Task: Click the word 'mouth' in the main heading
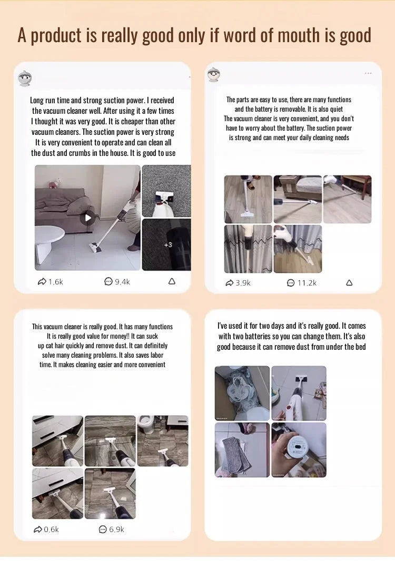coord(299,35)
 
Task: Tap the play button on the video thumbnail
coord(87,218)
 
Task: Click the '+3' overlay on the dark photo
coord(168,245)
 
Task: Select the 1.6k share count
coord(51,282)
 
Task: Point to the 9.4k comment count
coord(117,282)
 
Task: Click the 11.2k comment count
coord(302,283)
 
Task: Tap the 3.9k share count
coord(238,283)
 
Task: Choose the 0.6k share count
coord(46,529)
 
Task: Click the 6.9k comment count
coord(111,529)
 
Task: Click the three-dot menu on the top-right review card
coord(368,73)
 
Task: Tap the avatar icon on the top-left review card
coord(25,78)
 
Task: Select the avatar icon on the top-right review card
coord(214,74)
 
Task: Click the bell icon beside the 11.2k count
coord(349,283)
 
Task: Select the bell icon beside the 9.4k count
coord(172,281)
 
